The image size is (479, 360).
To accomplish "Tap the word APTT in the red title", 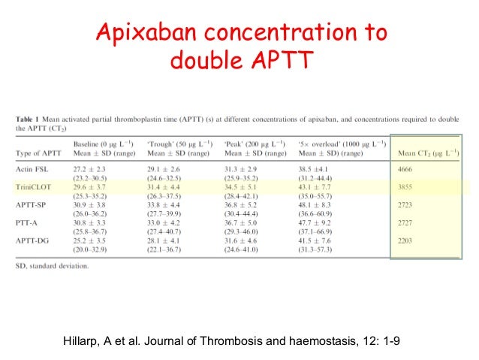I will point(279,60).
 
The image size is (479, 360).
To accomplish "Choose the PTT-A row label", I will point(28,221).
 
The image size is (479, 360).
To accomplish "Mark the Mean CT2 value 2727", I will point(408,221).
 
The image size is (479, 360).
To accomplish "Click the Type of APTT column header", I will point(35,154).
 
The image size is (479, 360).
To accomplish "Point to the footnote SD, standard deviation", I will point(52,265).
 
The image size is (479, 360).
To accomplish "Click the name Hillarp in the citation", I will point(88,340).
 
